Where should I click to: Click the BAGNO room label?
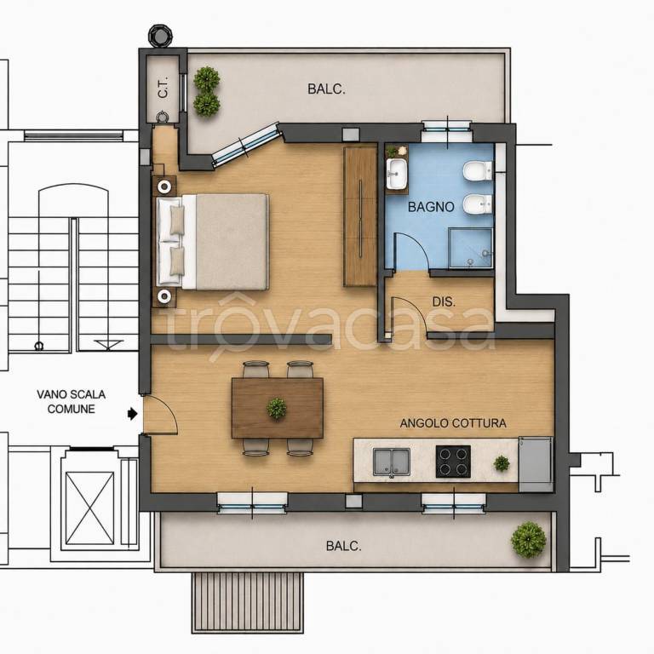(431, 207)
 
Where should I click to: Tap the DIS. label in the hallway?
(444, 302)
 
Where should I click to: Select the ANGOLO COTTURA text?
(453, 423)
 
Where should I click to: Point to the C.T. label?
(163, 87)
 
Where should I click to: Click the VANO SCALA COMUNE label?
(71, 402)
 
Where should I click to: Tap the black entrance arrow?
(133, 414)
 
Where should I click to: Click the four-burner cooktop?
(453, 462)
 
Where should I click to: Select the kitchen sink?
(391, 462)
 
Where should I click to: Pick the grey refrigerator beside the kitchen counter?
(536, 464)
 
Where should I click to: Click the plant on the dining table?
(277, 408)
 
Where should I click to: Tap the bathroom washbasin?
(397, 173)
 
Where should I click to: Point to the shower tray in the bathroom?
(471, 248)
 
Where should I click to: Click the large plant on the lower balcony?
(529, 540)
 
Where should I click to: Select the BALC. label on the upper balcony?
(327, 89)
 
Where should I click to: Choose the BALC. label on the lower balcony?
(344, 546)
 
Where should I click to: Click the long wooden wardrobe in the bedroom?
(360, 216)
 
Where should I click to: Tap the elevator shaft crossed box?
(89, 508)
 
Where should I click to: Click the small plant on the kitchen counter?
(502, 463)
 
